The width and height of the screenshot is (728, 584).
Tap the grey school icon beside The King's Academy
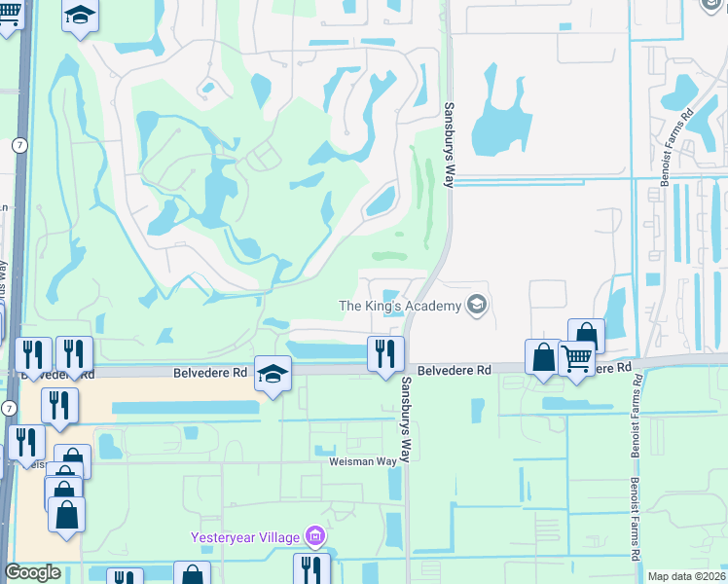tap(476, 306)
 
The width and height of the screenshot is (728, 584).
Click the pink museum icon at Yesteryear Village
tap(314, 536)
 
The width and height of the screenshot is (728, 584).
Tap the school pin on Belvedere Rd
tap(273, 374)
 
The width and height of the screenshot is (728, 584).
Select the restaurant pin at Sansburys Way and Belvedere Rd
tap(385, 353)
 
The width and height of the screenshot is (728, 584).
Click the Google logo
tap(32, 572)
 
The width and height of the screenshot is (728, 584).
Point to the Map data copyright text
tap(687, 576)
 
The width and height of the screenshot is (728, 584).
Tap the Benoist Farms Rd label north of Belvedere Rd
tap(686, 127)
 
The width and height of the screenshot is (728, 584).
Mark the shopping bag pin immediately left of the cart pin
tap(542, 357)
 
